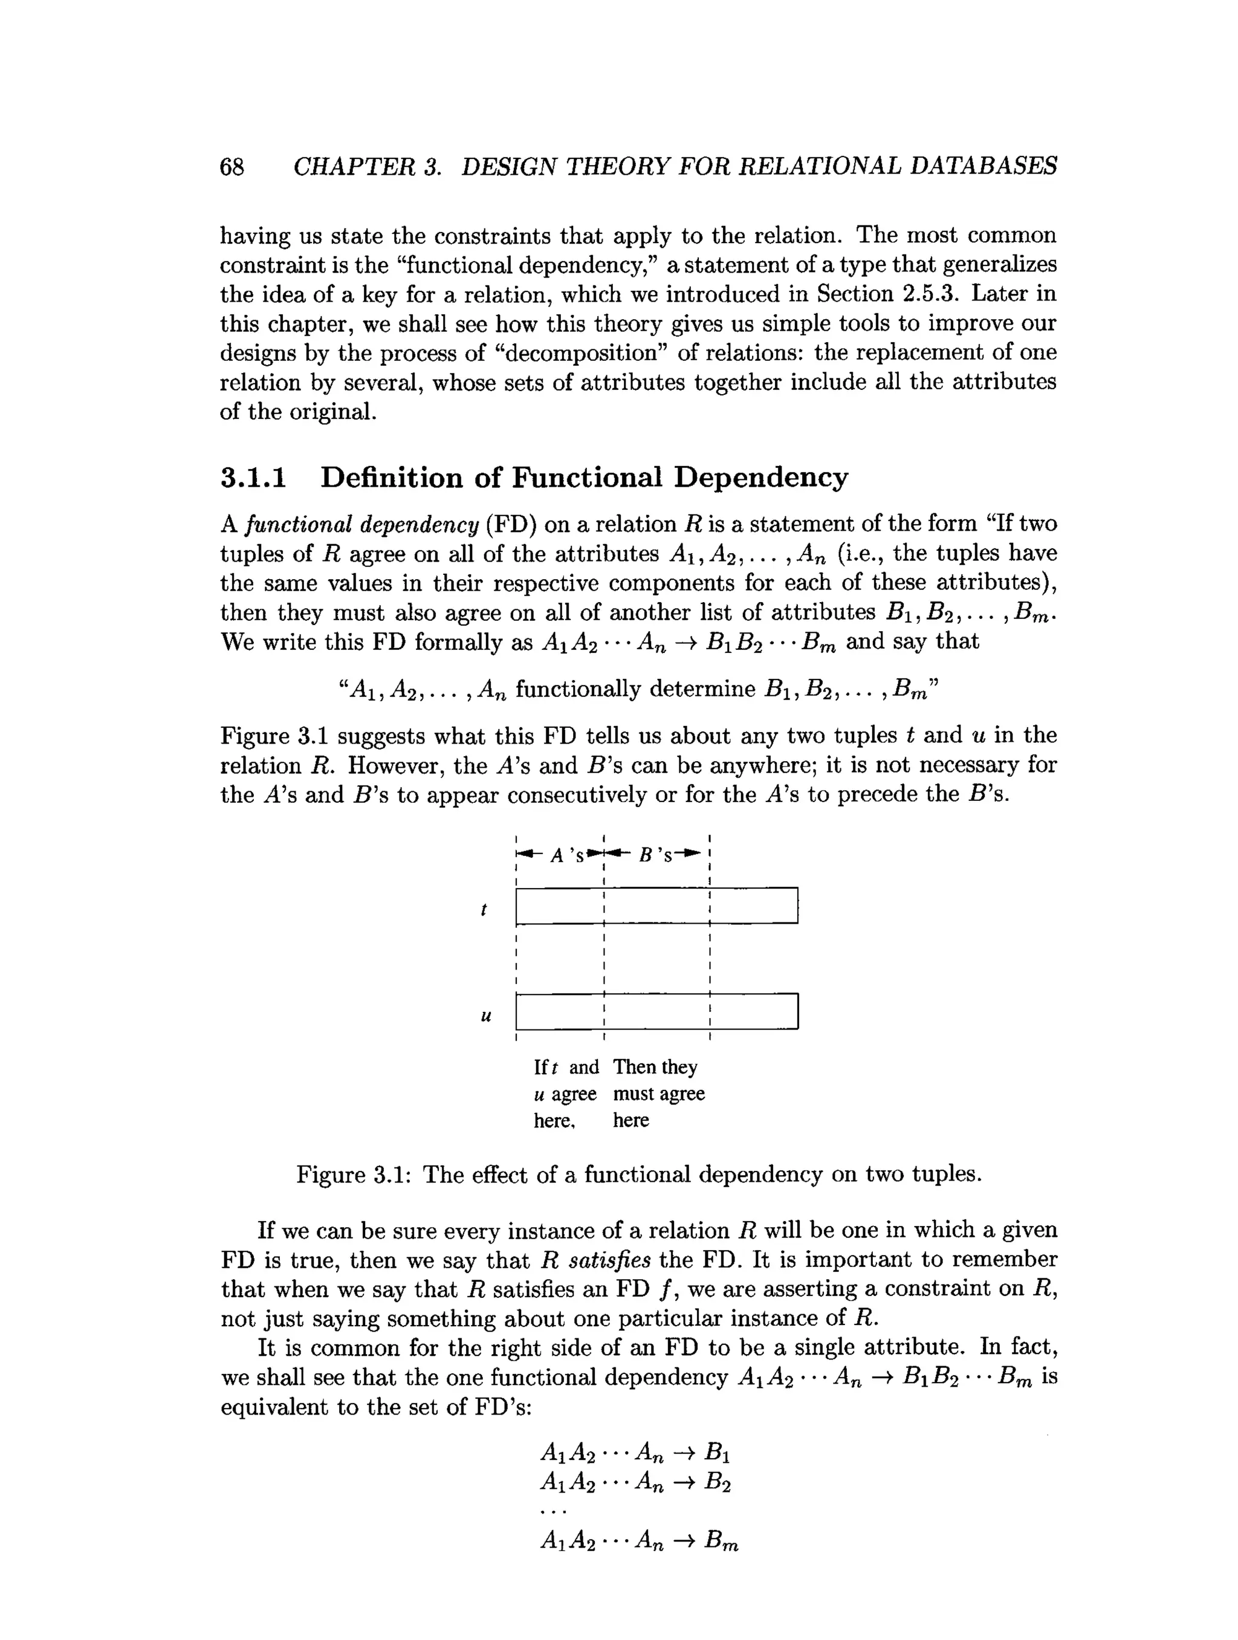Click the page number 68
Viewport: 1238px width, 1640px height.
coord(232,167)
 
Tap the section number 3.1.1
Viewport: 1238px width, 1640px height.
coord(253,478)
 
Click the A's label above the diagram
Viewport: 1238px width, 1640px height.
coord(567,855)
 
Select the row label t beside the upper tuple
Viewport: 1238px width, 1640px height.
coord(484,909)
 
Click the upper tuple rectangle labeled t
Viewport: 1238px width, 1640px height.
coord(656,906)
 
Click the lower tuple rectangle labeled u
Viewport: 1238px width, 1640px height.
coord(656,1012)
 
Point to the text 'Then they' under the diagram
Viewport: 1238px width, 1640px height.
coord(655,1067)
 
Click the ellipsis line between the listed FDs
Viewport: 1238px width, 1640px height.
coord(554,1512)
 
